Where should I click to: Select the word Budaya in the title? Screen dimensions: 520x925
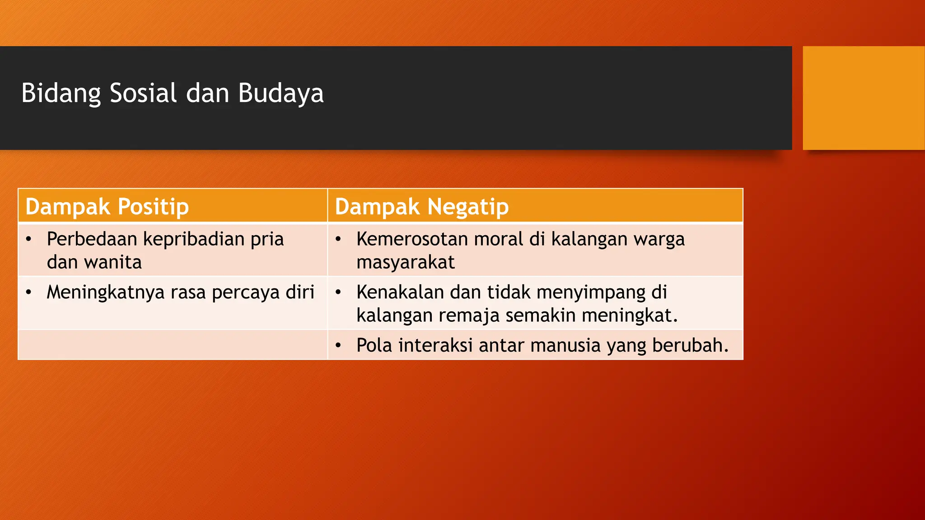point(280,93)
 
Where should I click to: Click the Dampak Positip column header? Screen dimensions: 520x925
point(107,207)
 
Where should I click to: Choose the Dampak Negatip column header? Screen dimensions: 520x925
point(421,207)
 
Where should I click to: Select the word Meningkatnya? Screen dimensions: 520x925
point(106,292)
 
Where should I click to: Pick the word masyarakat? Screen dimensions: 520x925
point(405,262)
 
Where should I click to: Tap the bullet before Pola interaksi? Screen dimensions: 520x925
point(338,346)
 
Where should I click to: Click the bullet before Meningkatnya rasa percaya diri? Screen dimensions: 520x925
point(29,292)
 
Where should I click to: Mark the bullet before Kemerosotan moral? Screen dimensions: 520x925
point(338,239)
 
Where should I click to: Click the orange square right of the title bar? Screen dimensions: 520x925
point(863,98)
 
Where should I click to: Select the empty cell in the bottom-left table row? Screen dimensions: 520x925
point(173,345)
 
